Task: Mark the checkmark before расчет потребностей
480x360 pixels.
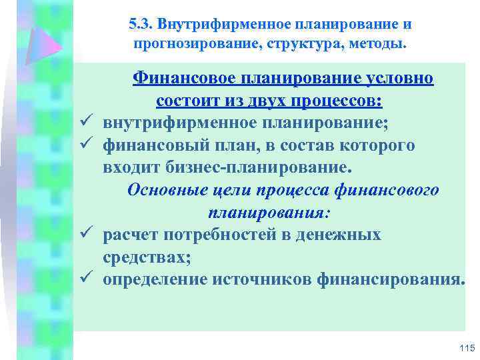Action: (91, 235)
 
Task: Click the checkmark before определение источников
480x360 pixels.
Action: (91, 279)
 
